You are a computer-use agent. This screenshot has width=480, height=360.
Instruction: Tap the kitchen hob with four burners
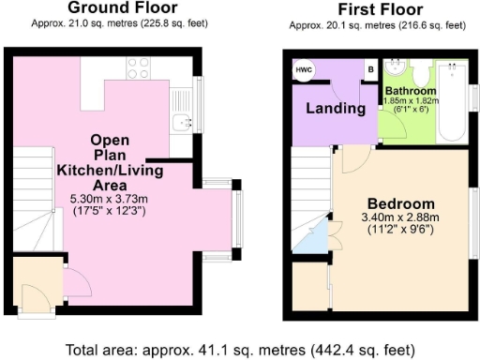pyautogui.click(x=139, y=67)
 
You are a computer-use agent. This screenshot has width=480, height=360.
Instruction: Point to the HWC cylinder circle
pyautogui.click(x=305, y=71)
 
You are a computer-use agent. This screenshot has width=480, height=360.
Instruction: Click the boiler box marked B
pyautogui.click(x=370, y=69)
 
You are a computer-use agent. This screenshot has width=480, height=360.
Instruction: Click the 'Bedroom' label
pyautogui.click(x=400, y=204)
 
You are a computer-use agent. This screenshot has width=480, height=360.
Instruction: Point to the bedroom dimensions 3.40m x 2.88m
pyautogui.click(x=400, y=220)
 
